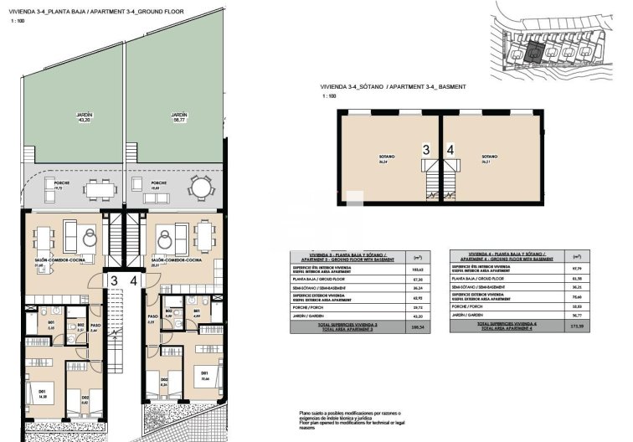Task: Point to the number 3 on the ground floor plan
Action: [x=112, y=282]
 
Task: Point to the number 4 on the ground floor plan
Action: [x=134, y=282]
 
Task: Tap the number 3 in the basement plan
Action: [x=425, y=150]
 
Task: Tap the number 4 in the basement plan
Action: [x=450, y=150]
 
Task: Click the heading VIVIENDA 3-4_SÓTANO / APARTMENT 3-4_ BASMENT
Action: [x=392, y=87]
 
